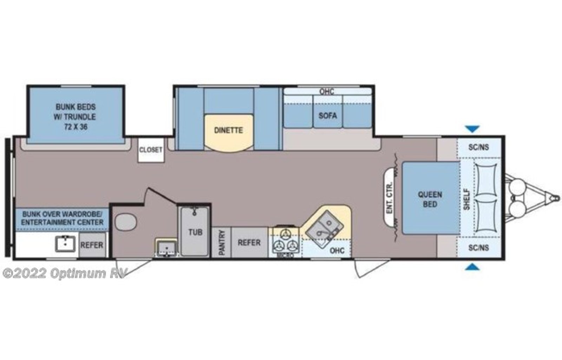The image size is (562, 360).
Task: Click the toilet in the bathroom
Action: coord(126,222)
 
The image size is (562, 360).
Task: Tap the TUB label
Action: coord(195,232)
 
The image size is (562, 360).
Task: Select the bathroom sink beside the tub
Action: coord(166,247)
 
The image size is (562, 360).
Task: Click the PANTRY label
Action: coord(221,243)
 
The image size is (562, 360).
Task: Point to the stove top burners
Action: coord(286,241)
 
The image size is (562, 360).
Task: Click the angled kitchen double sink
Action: coord(324,226)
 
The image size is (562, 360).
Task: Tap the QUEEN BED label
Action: coord(430,199)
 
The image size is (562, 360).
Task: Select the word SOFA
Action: coord(327,116)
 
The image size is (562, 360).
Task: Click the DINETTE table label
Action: coord(228,130)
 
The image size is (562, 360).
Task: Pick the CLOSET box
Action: coord(151,150)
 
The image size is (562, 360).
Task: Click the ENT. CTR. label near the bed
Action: coord(389,198)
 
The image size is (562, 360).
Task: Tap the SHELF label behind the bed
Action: coord(466,199)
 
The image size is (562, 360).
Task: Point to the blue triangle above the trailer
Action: coord(472,129)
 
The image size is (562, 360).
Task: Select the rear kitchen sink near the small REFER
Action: coord(65,244)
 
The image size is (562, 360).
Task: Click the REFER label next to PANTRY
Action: coord(249,243)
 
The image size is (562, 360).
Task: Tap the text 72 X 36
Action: coord(76,127)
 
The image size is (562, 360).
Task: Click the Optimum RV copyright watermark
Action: coord(65,273)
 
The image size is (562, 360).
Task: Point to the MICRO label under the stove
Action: coord(285,255)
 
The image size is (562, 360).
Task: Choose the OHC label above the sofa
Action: coord(327,92)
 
